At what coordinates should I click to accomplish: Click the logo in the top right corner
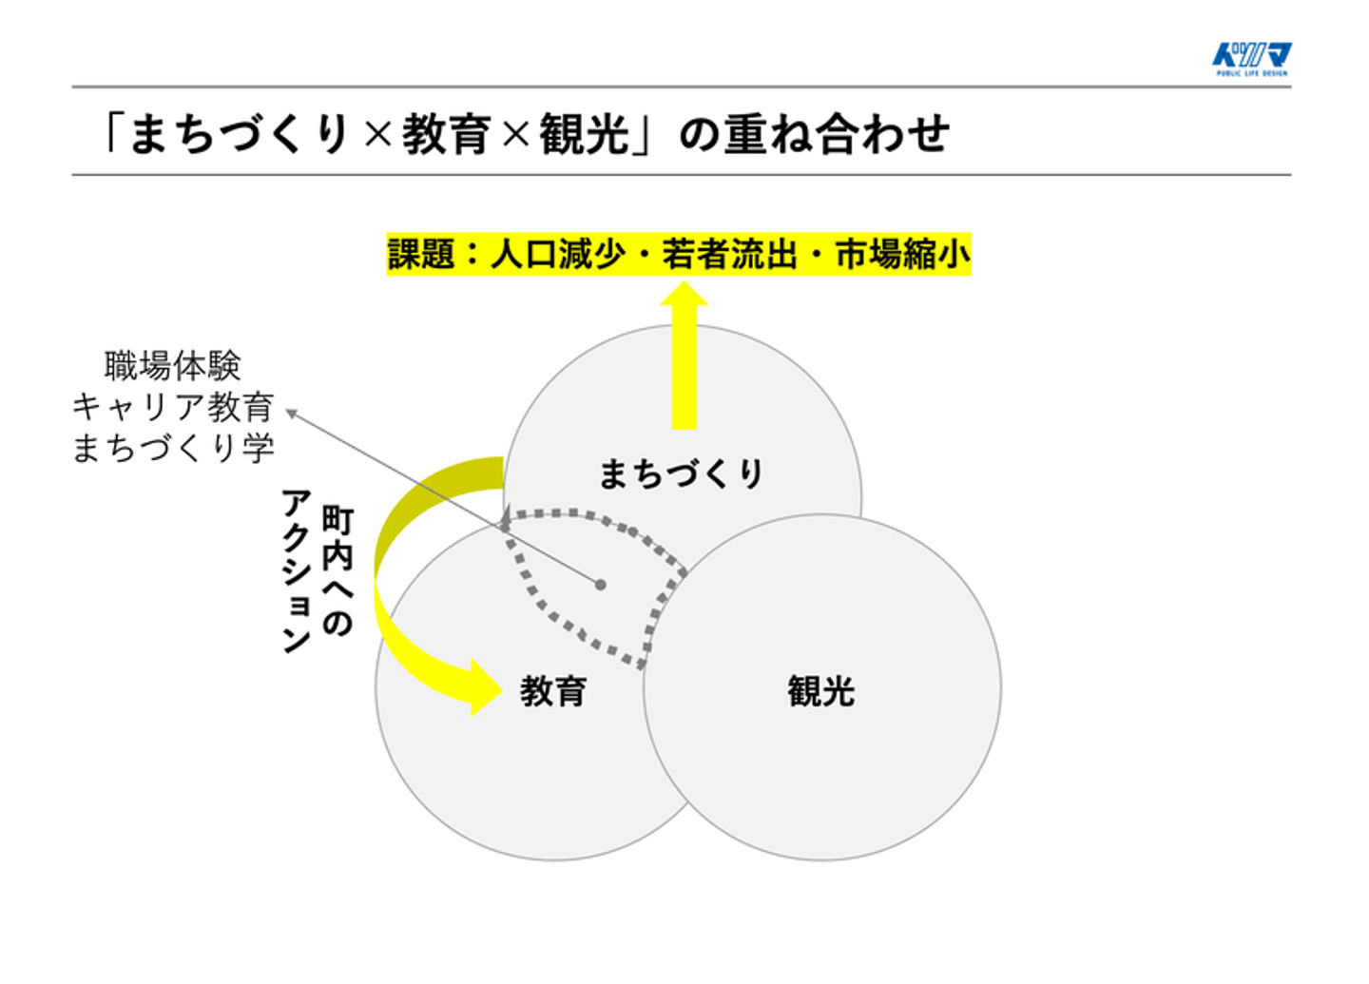click(x=1251, y=59)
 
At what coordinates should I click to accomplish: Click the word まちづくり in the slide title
click(x=240, y=134)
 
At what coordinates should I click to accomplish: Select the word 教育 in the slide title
click(x=446, y=134)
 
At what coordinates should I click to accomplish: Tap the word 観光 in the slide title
click(x=584, y=134)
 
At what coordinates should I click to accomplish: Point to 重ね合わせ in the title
click(x=836, y=134)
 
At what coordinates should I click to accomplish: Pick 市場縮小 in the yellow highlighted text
click(x=902, y=255)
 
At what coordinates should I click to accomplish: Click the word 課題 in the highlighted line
click(x=421, y=255)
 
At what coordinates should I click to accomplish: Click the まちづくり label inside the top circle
click(x=681, y=473)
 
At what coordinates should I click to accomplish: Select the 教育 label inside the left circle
click(x=553, y=691)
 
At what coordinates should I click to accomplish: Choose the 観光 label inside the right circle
click(x=820, y=691)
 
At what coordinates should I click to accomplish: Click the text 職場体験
click(x=173, y=365)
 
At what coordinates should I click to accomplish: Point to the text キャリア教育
click(x=173, y=407)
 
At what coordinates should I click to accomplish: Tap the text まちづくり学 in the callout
click(x=173, y=448)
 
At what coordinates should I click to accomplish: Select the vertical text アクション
click(x=297, y=570)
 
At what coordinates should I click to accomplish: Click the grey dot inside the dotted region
click(x=601, y=585)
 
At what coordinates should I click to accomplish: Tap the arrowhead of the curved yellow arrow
click(x=484, y=685)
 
